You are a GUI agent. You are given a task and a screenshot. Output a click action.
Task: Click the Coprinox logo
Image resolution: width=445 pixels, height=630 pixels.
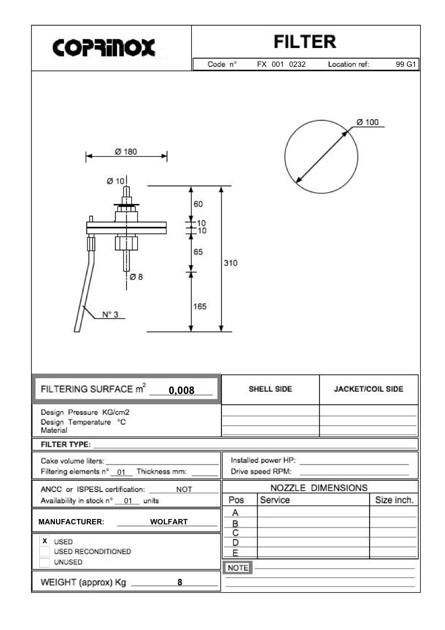coord(104,48)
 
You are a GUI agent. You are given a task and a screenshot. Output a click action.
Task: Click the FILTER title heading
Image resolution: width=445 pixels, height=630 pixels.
coord(304,41)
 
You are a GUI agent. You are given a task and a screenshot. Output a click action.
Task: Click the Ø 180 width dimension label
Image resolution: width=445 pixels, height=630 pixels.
coord(126,151)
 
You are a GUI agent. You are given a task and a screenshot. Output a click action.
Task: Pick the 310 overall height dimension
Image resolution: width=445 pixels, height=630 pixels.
coord(231,263)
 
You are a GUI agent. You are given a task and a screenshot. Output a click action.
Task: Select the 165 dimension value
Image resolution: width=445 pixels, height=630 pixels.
coord(200,306)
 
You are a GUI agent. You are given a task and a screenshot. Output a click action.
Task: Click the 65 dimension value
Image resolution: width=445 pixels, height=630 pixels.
coord(198,252)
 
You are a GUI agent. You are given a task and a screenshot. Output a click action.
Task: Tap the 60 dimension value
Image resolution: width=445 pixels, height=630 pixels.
coord(198,204)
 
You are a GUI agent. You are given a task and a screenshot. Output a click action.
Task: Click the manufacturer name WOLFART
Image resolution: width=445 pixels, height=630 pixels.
coord(169,522)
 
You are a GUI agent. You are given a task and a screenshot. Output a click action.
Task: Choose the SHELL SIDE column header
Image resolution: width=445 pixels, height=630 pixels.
coord(270,389)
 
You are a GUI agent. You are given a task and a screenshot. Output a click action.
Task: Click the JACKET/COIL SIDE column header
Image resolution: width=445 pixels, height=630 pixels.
coord(368,389)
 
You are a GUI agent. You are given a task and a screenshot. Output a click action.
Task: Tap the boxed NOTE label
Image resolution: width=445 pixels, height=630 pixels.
coord(238,568)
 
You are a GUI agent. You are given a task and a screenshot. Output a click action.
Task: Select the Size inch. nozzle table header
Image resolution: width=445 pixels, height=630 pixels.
coord(394,500)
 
